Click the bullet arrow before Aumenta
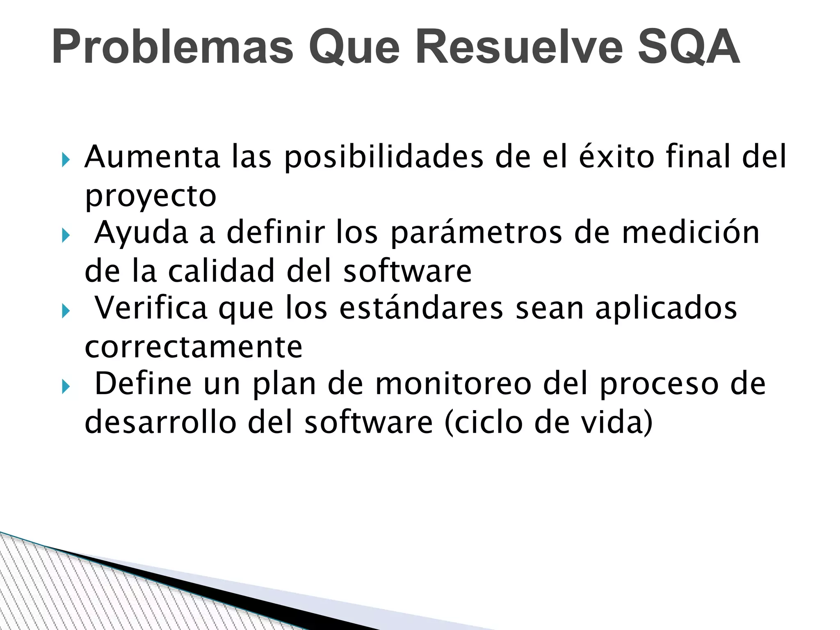pos(66,159)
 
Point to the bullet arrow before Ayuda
pos(66,235)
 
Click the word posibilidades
pos(384,157)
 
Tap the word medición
pos(691,232)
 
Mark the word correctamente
pos(194,347)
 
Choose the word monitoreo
pos(453,384)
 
